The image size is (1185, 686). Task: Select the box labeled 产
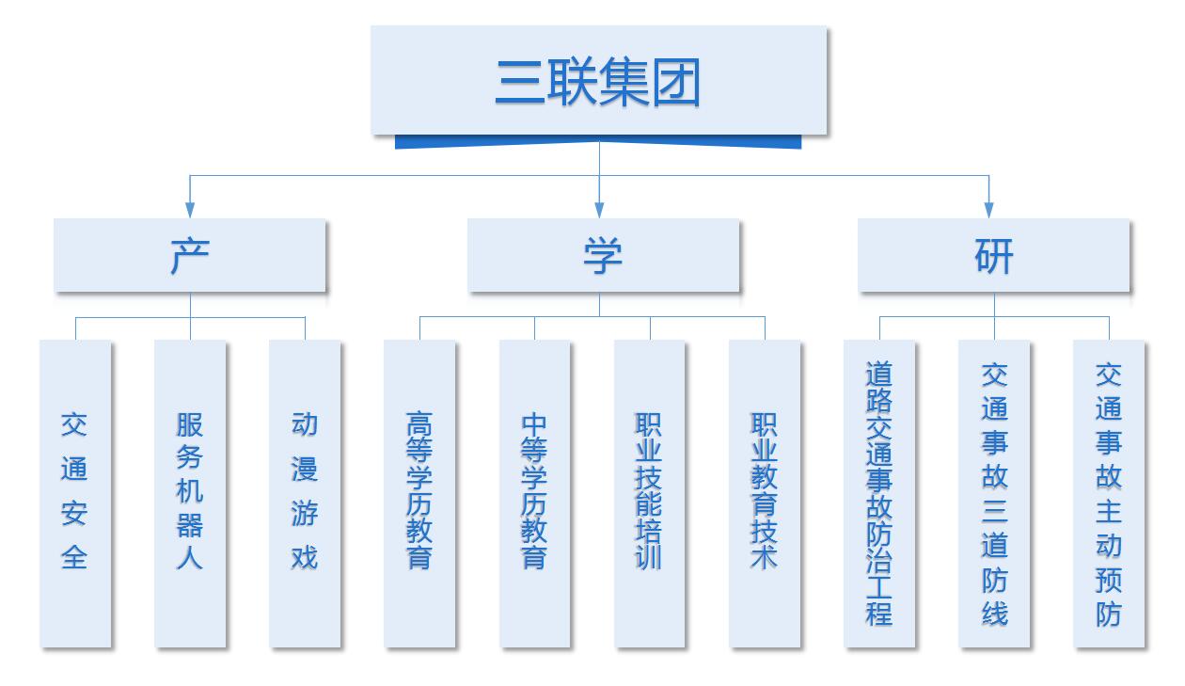point(190,255)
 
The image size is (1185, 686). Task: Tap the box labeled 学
point(603,255)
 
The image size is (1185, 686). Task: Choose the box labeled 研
point(993,255)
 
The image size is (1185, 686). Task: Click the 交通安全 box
point(75,493)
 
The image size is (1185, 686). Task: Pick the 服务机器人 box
point(190,493)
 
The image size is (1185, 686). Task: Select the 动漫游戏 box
point(305,493)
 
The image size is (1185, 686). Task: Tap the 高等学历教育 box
point(419,493)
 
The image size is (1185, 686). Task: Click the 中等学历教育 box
point(534,493)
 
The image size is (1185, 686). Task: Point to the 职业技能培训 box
point(650,493)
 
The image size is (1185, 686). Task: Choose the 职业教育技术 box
point(765,493)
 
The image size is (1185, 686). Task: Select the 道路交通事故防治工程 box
point(879,493)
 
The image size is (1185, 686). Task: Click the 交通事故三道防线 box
point(994,493)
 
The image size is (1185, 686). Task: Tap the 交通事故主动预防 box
point(1109,493)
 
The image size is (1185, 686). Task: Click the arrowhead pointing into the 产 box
point(190,210)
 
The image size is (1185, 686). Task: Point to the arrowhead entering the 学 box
point(599,210)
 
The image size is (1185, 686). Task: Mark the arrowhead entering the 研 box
point(988,210)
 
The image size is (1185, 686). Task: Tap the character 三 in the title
point(521,83)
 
